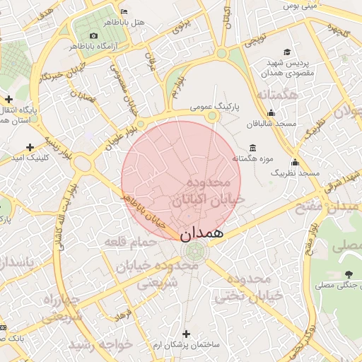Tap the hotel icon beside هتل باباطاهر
click(124, 11)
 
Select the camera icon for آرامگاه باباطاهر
click(94, 36)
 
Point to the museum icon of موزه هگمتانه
click(253, 148)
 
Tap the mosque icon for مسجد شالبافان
click(271, 113)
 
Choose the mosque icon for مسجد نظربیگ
click(295, 162)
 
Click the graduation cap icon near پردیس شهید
click(286, 52)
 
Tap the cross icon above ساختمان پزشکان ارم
click(187, 333)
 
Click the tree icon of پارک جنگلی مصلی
click(348, 274)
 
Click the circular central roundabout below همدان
click(194, 251)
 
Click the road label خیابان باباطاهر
click(149, 211)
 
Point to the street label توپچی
click(255, 40)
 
